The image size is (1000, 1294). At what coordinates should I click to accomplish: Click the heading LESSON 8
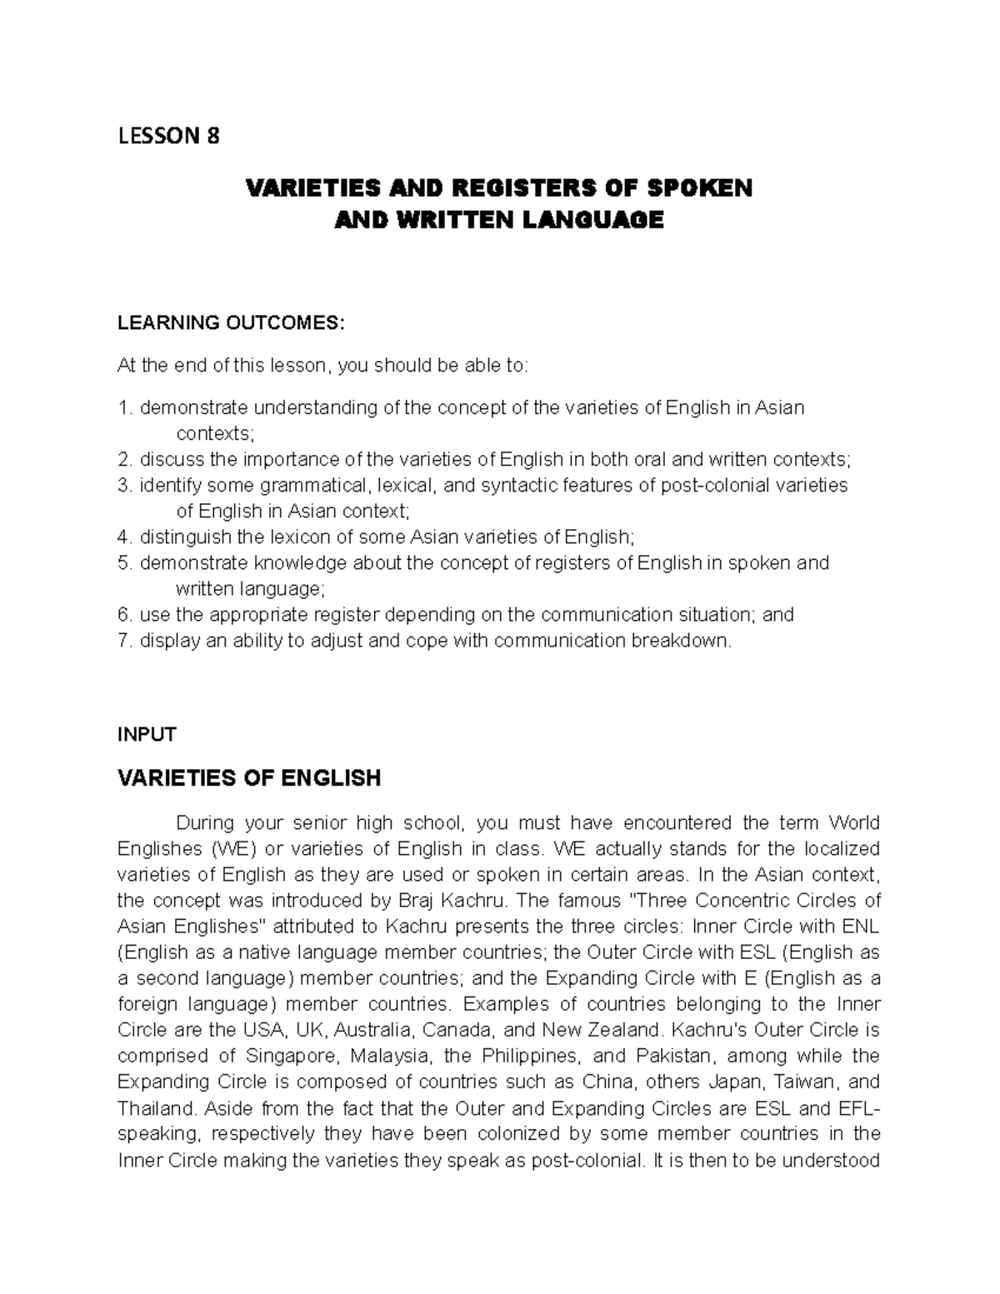coord(168,136)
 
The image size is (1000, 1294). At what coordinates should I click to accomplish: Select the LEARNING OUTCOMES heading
coord(230,322)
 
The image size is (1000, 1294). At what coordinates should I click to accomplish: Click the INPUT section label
coord(147,734)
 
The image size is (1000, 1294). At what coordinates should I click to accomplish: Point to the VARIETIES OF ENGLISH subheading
coord(249,778)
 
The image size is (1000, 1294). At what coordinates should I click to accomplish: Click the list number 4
coord(124,537)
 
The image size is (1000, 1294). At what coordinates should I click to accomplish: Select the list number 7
coord(124,641)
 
